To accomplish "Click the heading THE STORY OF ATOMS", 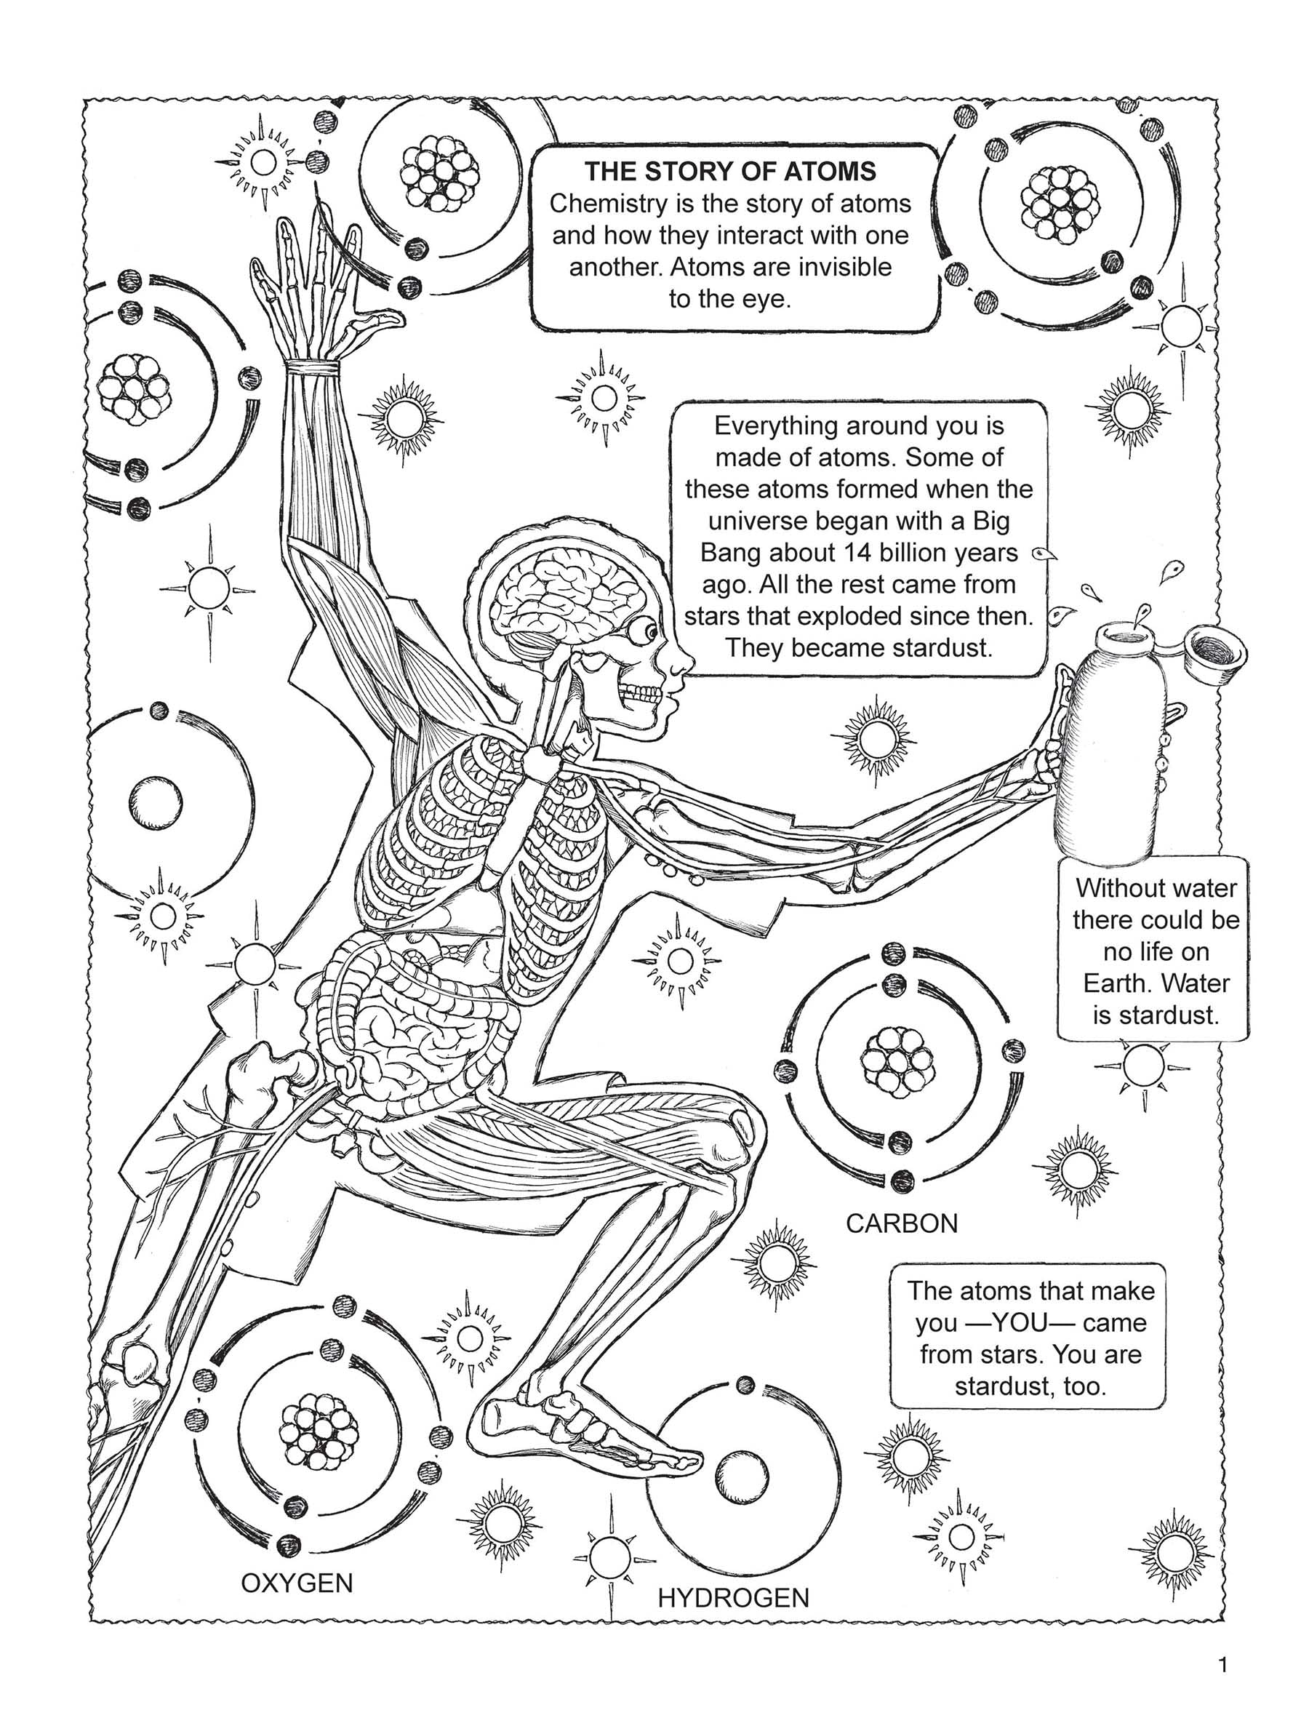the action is pos(731,171).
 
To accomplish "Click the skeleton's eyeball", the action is pos(647,630).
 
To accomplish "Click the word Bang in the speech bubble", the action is pos(729,553).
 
